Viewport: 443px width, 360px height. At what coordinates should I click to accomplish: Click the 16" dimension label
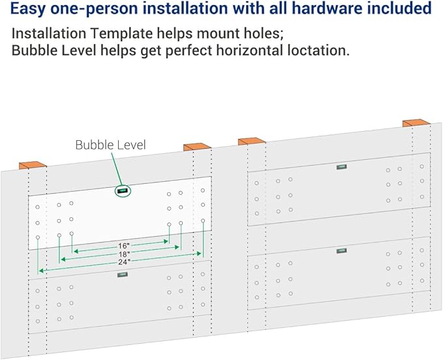(x=124, y=246)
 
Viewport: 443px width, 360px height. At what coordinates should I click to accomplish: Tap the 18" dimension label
(x=124, y=254)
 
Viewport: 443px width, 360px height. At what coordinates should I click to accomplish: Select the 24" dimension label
(x=124, y=262)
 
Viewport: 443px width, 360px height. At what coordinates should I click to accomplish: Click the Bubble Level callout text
(x=110, y=145)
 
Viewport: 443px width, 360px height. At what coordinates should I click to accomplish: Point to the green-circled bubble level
(x=123, y=191)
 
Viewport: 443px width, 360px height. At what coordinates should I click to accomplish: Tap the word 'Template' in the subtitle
(x=121, y=34)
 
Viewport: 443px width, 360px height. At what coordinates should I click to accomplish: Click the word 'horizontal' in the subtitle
(x=248, y=51)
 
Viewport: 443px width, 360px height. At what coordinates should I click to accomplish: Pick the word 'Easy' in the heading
(x=27, y=9)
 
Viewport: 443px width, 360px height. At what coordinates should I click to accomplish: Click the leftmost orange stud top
(x=33, y=165)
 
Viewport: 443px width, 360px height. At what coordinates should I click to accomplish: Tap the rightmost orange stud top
(x=416, y=123)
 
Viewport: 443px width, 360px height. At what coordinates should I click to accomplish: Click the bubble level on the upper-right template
(x=342, y=167)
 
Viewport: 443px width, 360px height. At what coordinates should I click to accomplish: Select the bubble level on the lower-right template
(x=342, y=250)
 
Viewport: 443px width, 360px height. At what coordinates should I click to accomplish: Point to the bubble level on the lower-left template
(x=123, y=275)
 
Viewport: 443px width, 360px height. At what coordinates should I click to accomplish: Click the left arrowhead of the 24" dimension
(x=41, y=271)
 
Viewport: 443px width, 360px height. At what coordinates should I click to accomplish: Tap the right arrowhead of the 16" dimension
(x=166, y=241)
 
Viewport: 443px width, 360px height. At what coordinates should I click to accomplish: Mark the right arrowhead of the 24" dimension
(x=199, y=254)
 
